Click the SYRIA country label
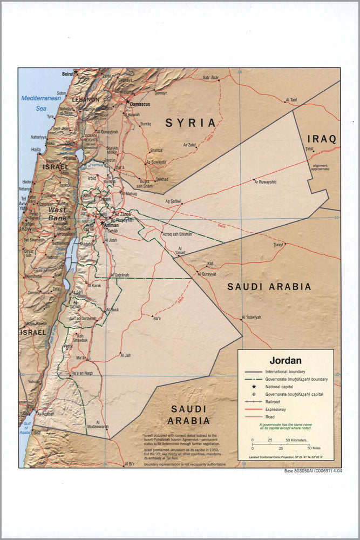coord(191,123)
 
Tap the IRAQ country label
coord(322,139)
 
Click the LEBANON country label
coord(86,100)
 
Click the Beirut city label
coord(67,73)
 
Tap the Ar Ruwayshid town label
coord(265,183)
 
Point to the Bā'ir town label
coord(157,319)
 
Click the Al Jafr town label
coord(125,355)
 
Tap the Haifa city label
coord(36,150)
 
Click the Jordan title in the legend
coord(286,360)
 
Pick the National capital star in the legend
coord(254,387)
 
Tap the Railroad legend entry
coord(272,402)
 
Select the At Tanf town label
coord(291,100)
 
